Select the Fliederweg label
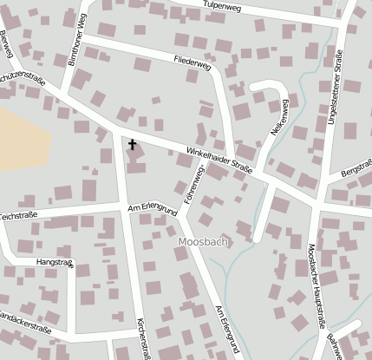(192, 63)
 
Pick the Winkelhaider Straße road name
(219, 161)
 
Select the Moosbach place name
(202, 242)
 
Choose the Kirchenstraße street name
(141, 338)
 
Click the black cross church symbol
(133, 144)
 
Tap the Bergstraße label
(356, 168)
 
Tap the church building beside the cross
(137, 160)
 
